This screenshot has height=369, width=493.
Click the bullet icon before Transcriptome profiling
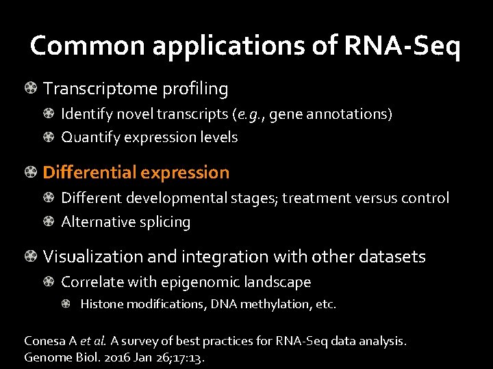click(x=31, y=88)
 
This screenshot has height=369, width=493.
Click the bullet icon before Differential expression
click(x=31, y=172)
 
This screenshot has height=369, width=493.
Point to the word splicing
click(x=165, y=222)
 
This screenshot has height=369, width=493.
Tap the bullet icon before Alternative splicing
click(x=51, y=221)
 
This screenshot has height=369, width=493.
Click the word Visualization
click(x=90, y=257)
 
